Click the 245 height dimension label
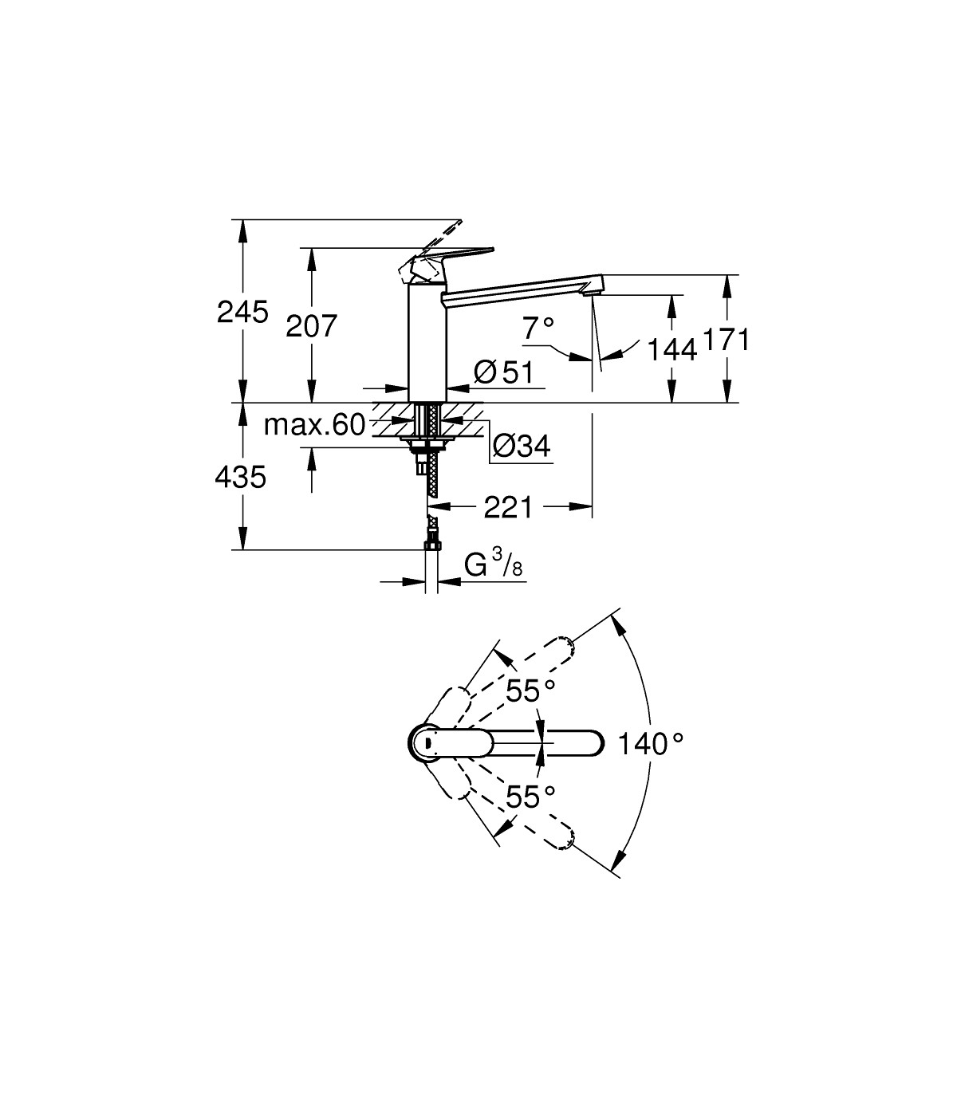(242, 313)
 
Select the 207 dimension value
(311, 326)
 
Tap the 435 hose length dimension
(240, 478)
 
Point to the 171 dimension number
(726, 340)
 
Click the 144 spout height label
(671, 351)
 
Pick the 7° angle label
(538, 328)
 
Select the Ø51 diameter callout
(504, 372)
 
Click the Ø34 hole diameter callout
(522, 446)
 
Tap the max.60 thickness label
(314, 425)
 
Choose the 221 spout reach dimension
(508, 507)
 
